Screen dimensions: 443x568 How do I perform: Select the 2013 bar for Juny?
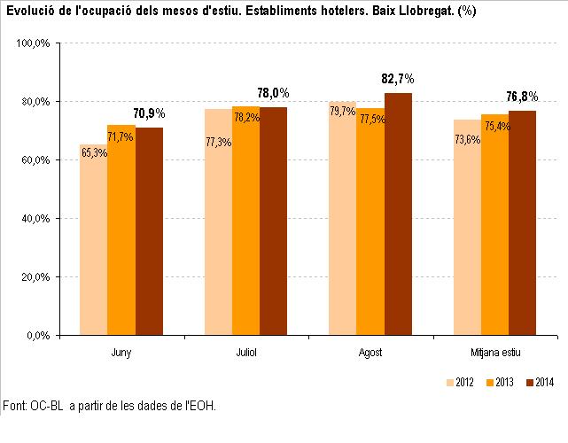(x=121, y=230)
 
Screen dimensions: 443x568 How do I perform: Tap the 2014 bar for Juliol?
(x=273, y=221)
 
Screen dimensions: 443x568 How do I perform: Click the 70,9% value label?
(x=149, y=114)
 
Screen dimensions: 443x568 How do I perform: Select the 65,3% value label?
(x=94, y=152)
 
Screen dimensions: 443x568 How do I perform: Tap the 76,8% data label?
(x=523, y=97)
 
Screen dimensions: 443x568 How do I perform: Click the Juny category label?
(x=122, y=353)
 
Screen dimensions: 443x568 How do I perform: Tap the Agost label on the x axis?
(x=370, y=353)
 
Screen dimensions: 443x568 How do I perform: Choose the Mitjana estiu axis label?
(x=495, y=353)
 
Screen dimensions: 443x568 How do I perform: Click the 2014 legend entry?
(x=539, y=383)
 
